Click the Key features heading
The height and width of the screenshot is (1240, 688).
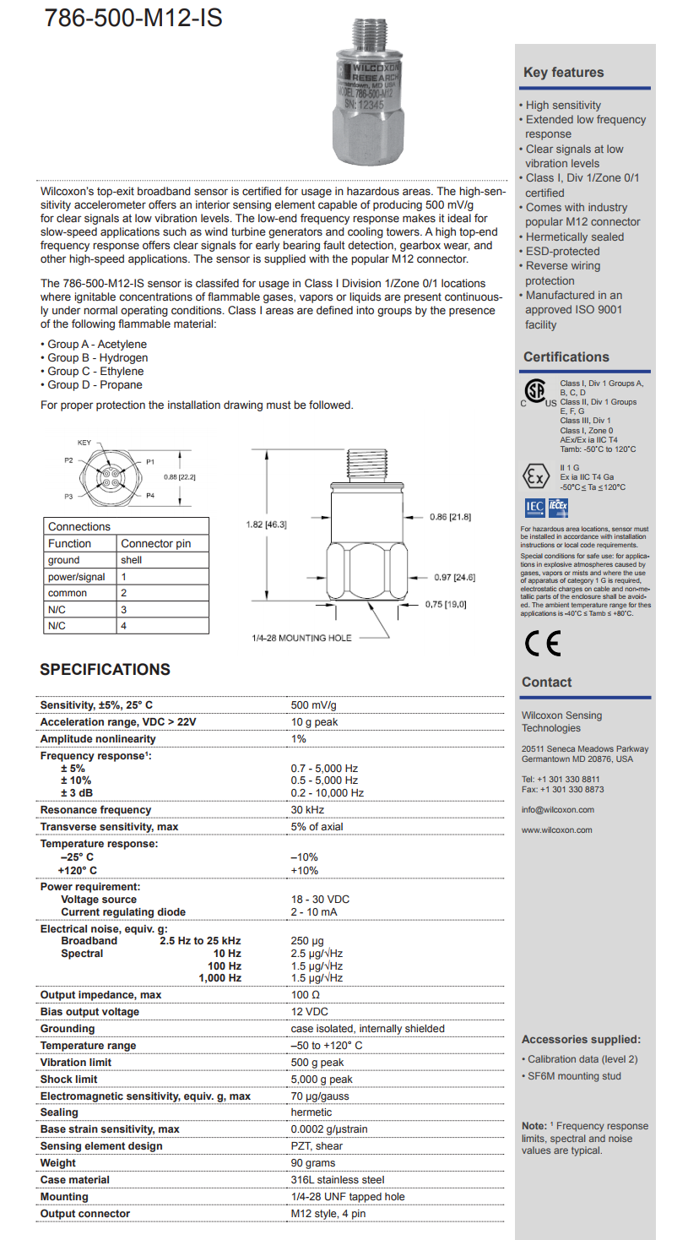(x=563, y=73)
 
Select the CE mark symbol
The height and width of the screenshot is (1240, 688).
(x=542, y=644)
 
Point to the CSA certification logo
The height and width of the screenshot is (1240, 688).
(x=535, y=392)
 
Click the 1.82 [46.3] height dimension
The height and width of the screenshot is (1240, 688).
(x=266, y=525)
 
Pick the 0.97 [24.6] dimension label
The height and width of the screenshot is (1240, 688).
(x=454, y=578)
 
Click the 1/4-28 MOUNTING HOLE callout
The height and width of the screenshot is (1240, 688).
(x=301, y=638)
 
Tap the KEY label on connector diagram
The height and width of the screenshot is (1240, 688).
(x=84, y=443)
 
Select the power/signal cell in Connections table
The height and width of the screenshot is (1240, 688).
(x=77, y=577)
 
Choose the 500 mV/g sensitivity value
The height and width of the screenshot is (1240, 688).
(x=313, y=705)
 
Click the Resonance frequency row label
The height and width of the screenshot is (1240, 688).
(x=95, y=810)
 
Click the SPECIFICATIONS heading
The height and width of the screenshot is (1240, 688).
(x=105, y=670)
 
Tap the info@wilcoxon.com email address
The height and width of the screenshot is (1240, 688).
(x=557, y=810)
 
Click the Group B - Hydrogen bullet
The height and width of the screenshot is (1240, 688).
(x=94, y=358)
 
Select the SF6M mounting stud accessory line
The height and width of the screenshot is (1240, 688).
(x=574, y=1076)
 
